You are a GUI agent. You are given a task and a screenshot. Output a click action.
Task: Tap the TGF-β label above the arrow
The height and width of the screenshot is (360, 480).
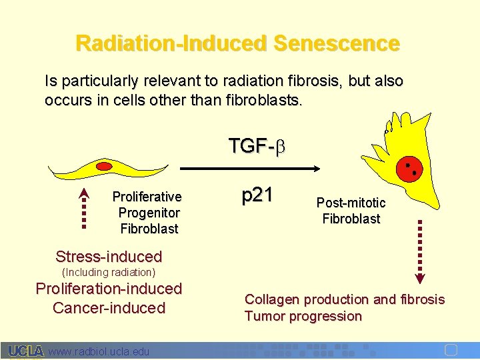(257, 146)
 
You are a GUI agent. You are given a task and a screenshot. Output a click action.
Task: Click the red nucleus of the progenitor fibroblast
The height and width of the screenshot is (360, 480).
(103, 165)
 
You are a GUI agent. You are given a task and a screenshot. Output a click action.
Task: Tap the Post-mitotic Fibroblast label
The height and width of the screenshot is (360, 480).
(351, 211)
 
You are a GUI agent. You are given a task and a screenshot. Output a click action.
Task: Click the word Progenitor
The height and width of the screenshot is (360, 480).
(149, 213)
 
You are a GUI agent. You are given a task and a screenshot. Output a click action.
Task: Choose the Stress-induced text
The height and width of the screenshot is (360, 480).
(109, 257)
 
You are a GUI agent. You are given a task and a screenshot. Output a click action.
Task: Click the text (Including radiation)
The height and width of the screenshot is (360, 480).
(109, 272)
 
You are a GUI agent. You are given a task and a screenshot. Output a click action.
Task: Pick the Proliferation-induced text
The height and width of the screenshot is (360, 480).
(109, 289)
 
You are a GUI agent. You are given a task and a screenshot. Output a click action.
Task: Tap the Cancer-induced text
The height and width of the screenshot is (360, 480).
(109, 308)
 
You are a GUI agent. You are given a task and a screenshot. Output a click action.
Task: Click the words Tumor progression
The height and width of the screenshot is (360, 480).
(303, 316)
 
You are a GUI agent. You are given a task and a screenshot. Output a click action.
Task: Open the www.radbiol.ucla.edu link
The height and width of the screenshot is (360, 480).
(99, 351)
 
